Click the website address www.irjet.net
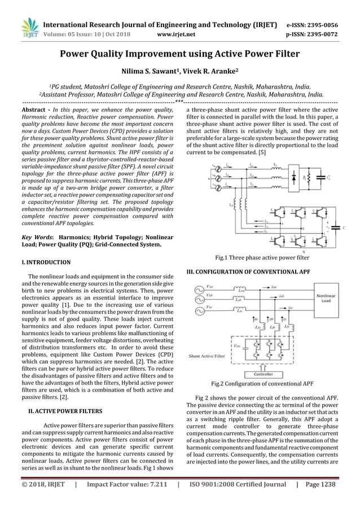[x=177, y=33]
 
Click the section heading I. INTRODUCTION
[x=45, y=262]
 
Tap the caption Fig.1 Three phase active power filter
[x=262, y=257]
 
